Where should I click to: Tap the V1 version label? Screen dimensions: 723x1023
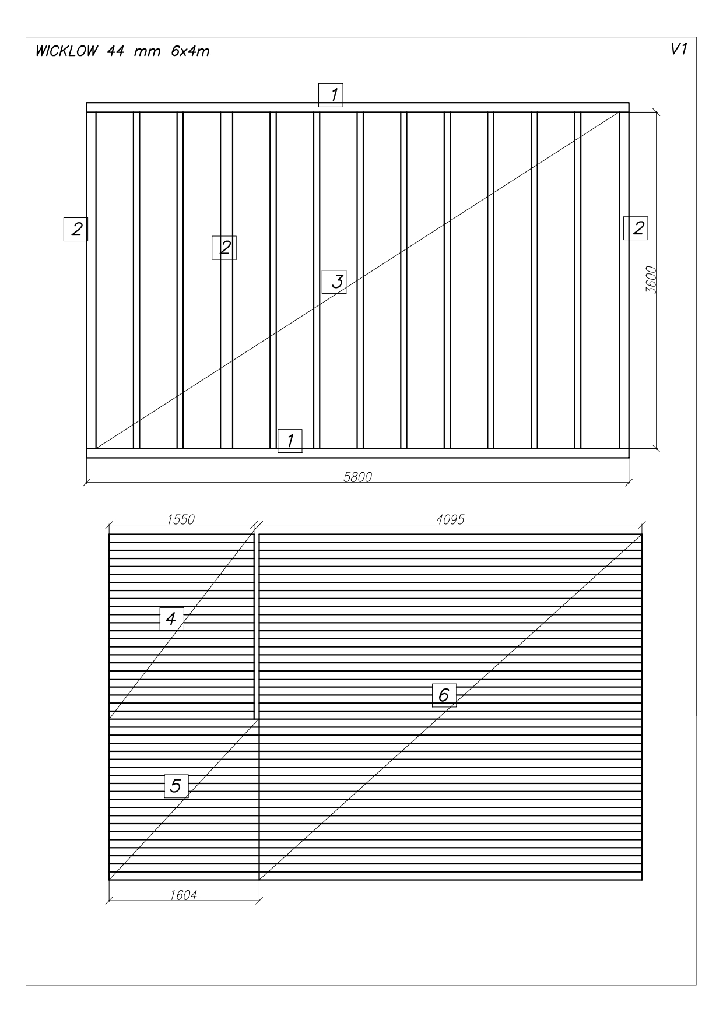coord(679,50)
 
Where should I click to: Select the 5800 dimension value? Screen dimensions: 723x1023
coord(357,477)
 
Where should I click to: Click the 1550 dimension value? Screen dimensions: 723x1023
coord(181,519)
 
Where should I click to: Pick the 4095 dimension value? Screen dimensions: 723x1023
coord(450,519)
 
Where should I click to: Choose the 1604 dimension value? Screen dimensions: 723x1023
coord(183,895)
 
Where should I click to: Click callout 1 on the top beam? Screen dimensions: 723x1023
coord(331,95)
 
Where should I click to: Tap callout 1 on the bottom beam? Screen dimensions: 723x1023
coord(290,441)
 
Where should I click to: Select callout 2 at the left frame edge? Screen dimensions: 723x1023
coord(76,229)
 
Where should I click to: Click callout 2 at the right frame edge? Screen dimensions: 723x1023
coord(636,227)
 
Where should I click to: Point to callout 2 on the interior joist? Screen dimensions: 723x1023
coord(224,248)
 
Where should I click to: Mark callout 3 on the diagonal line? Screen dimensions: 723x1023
coord(334,282)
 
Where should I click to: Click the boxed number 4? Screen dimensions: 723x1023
coord(172,618)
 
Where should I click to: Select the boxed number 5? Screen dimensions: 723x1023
coord(176,786)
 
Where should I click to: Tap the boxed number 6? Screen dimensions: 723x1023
coord(444,695)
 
